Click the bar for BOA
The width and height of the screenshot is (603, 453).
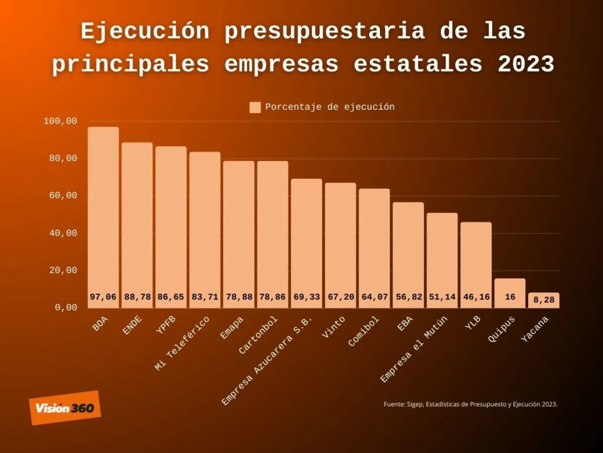point(104,211)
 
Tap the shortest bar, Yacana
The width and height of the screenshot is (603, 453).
point(544,300)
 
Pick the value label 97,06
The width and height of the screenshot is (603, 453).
point(103,297)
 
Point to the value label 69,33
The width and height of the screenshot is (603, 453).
point(307,297)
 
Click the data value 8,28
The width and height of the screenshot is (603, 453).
point(544,300)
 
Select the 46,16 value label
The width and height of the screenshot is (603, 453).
point(476,297)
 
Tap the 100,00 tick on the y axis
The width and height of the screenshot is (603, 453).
point(60,121)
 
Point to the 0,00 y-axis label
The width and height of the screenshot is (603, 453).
point(65,308)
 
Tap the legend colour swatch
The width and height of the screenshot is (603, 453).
point(255,107)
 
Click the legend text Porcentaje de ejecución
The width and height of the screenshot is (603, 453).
point(330,107)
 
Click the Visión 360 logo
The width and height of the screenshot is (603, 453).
point(65,408)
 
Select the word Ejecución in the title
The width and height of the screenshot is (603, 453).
point(145,32)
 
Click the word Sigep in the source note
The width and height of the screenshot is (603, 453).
point(417,404)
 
